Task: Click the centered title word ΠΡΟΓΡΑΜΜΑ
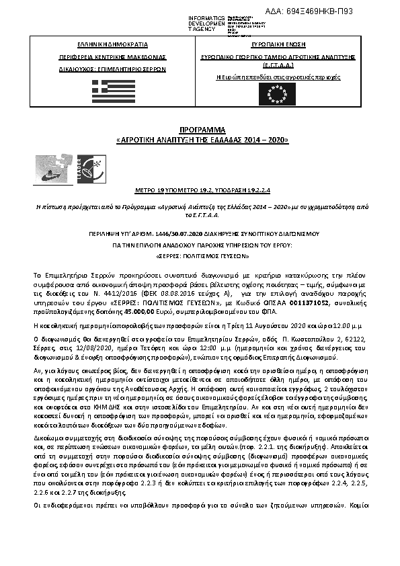tap(200, 128)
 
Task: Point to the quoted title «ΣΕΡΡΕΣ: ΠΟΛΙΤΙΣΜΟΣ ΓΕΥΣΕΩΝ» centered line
tap(200, 256)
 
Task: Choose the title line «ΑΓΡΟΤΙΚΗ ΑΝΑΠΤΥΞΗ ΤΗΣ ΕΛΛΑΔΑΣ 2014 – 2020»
tap(200, 140)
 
